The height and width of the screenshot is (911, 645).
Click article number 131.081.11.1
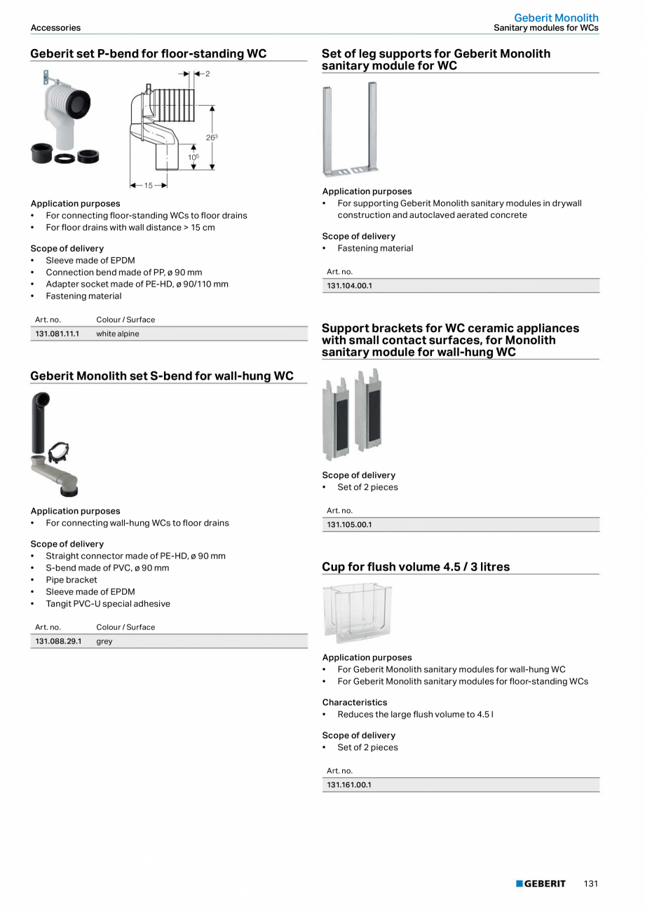57,334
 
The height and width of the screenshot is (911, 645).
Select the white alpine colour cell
117,334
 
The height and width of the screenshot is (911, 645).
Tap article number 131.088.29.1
58,641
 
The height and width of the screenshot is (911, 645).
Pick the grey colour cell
104,641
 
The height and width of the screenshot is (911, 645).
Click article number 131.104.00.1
349,286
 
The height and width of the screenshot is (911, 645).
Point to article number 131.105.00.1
349,525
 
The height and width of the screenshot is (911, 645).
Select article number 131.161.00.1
349,785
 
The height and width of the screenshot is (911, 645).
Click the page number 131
590,884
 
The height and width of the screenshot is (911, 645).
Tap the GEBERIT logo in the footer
541,884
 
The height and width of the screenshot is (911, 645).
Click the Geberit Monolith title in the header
556,18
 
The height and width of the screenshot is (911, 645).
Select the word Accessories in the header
55,28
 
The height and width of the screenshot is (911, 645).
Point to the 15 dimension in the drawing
148,186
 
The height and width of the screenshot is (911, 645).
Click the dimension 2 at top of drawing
208,74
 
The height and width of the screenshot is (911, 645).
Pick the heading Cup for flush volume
416,566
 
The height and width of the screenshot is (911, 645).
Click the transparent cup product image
357,612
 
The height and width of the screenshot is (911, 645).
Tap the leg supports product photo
349,129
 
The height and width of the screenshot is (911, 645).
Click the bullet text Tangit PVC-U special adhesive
108,603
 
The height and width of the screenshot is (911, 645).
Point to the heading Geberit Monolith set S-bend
162,376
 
